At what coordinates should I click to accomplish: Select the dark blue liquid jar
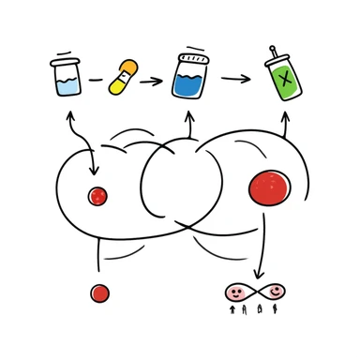tap(190, 77)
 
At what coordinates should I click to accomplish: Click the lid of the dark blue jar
tap(190, 54)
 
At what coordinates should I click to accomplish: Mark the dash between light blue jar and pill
tap(95, 81)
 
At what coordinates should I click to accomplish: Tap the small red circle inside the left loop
tap(97, 196)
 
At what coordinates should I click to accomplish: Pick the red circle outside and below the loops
tap(100, 293)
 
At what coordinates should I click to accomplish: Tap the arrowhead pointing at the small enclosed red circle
tap(94, 171)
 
